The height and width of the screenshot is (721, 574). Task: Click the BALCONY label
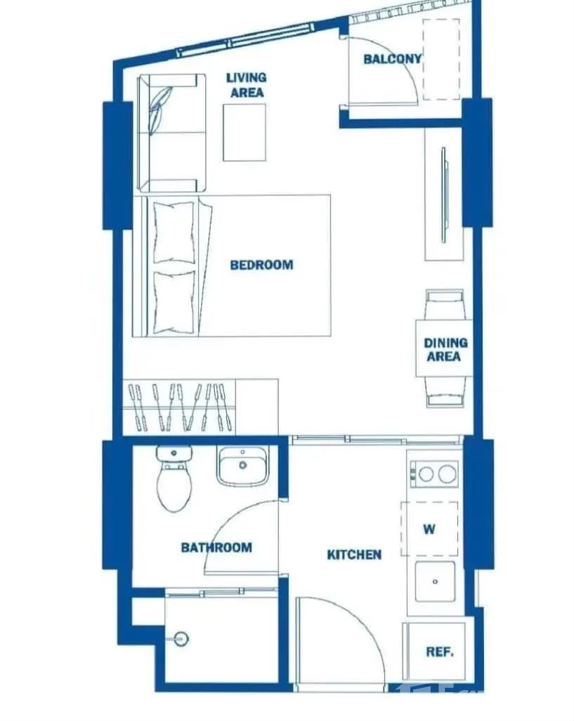point(392,59)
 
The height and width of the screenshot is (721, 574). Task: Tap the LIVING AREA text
point(247,85)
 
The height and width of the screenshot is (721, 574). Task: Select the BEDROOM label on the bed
point(261,265)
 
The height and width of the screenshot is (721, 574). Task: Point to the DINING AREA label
point(445,349)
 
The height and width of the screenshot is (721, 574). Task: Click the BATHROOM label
point(216,547)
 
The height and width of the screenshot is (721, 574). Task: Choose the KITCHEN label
point(354,554)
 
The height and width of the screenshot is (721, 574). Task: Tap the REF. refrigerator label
point(440,651)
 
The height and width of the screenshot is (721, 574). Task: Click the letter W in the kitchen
point(429,528)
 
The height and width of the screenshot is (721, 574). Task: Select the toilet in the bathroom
point(174,479)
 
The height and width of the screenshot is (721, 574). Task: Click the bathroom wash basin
point(242,466)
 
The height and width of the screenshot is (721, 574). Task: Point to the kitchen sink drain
point(435,582)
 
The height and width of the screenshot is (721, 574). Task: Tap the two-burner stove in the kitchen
point(435,474)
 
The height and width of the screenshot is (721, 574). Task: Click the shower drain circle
point(182,639)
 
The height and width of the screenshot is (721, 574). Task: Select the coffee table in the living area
point(244,132)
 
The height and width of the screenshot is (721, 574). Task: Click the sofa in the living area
point(172,133)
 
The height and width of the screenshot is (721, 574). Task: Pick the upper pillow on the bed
point(174,233)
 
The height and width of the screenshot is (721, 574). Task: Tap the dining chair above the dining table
point(444,304)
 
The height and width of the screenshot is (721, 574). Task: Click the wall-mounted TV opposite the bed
point(444,195)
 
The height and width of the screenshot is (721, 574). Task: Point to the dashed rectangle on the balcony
point(441,59)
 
